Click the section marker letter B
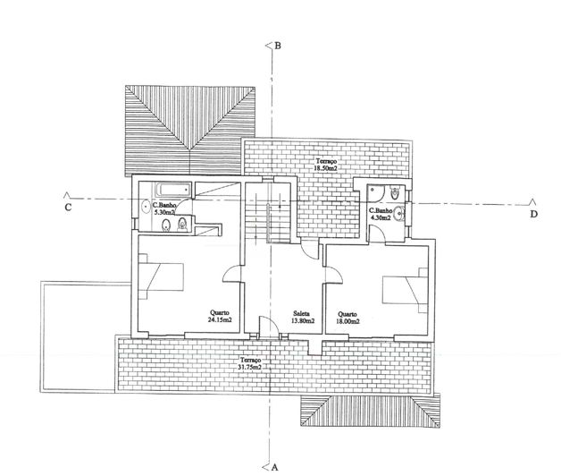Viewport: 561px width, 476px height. (x=278, y=46)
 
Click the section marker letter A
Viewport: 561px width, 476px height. (x=275, y=467)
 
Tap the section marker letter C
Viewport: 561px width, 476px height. (x=68, y=208)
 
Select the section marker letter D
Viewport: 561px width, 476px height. (x=534, y=215)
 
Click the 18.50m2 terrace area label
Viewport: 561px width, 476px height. (x=326, y=165)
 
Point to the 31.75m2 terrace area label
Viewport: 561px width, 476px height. (x=250, y=363)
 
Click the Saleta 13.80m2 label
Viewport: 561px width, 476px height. (x=303, y=317)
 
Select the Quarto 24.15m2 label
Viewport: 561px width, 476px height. (x=220, y=316)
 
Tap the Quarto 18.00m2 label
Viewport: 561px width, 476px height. (x=347, y=318)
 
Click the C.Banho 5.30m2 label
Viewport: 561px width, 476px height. (x=164, y=208)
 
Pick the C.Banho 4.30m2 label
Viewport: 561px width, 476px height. (x=381, y=214)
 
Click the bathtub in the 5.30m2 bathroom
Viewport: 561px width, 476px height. (x=172, y=189)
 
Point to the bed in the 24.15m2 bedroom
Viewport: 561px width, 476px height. (x=161, y=276)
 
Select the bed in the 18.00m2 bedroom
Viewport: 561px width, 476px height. (x=405, y=290)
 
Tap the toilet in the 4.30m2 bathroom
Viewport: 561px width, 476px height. (x=395, y=192)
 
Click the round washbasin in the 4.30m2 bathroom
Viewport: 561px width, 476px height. (x=398, y=214)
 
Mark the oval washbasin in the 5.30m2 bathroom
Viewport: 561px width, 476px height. (x=146, y=206)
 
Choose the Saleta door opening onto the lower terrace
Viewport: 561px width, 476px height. (x=268, y=327)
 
